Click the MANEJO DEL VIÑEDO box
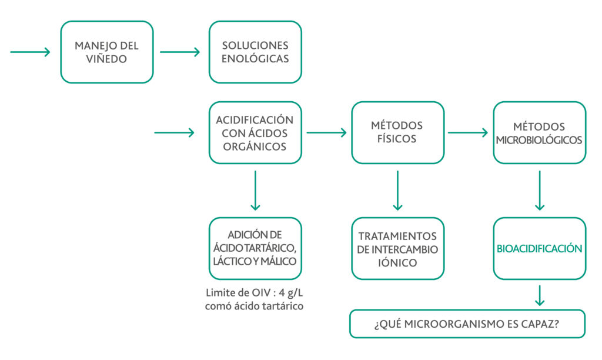[x=107, y=52]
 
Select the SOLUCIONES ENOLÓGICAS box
[x=255, y=52]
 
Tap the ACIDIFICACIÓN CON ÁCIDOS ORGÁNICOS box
[x=255, y=132]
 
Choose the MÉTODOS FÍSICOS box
[x=398, y=132]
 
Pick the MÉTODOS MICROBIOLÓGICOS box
[x=540, y=132]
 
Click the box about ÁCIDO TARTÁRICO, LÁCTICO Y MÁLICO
[x=255, y=249]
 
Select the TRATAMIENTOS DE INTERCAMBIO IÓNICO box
[x=398, y=249]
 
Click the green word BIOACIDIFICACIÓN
[x=540, y=249]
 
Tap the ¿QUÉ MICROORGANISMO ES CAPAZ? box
[x=467, y=324]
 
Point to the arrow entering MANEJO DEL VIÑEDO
[x=31, y=52]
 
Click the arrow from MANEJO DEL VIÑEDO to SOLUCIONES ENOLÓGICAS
[x=180, y=52]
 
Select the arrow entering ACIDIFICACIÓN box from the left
[x=174, y=132]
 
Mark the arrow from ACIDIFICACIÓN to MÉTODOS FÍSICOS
[x=327, y=132]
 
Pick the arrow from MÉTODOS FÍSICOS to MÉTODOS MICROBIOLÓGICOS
[x=468, y=132]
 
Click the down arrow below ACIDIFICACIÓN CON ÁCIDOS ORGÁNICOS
[x=255, y=191]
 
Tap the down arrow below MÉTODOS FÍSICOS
[x=398, y=191]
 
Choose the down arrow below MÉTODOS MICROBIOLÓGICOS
[x=540, y=191]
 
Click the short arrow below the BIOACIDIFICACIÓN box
[x=540, y=295]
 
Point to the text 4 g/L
[x=290, y=293]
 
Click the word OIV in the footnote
[x=262, y=293]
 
